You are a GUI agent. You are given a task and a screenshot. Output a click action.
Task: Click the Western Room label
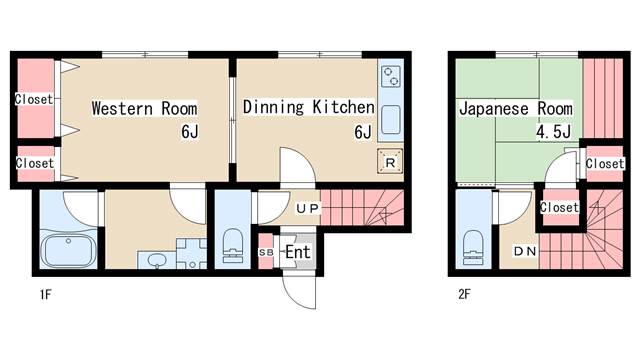point(144,108)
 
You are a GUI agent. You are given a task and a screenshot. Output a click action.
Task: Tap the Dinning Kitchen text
point(308,107)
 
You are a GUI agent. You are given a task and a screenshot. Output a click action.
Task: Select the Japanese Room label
point(516,108)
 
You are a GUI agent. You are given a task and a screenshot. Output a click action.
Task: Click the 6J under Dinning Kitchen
point(362,131)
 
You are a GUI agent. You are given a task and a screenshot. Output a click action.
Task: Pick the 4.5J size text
point(554,131)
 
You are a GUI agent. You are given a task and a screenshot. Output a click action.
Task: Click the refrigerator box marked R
point(389,163)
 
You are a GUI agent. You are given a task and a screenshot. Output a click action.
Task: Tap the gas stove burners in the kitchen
point(389,76)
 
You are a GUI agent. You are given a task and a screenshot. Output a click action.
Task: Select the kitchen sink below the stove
point(389,118)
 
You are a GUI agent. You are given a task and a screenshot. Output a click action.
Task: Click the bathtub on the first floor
point(66,249)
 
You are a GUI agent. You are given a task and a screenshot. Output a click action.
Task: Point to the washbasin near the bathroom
point(156,261)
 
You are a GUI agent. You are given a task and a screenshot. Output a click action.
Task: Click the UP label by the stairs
point(307,209)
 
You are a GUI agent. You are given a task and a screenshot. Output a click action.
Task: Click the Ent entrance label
point(297,251)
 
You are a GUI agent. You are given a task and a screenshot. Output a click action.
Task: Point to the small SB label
point(266,252)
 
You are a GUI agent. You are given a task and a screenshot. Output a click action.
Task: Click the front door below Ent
point(298,290)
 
